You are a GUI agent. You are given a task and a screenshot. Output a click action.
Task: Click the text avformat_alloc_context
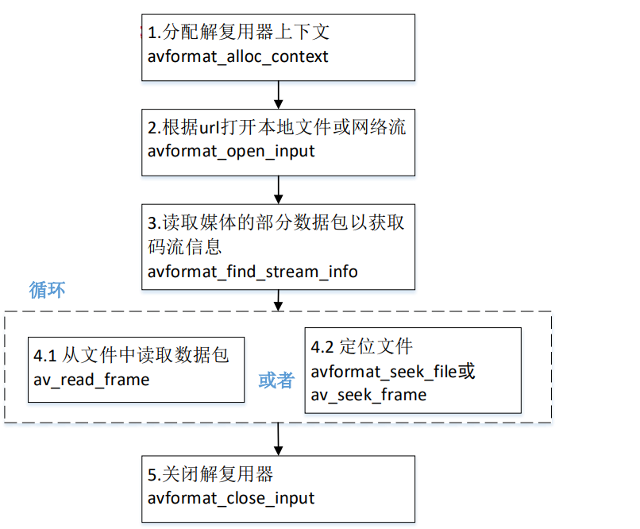point(238,56)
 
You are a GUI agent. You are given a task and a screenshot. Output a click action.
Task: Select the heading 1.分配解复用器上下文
point(238,33)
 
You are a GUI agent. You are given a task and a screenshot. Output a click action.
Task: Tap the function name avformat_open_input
point(231,151)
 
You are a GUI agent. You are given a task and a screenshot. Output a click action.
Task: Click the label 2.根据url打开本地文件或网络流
point(277,127)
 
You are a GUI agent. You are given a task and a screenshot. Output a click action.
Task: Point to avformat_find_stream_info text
point(253,272)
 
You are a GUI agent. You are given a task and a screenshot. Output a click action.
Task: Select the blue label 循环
point(47,289)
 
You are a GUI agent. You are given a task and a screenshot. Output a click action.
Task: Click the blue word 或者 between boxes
point(276,380)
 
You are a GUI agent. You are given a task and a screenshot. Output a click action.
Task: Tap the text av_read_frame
point(91,380)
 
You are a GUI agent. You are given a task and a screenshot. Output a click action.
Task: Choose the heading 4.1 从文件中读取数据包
point(131,355)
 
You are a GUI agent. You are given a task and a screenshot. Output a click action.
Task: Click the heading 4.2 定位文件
point(361,347)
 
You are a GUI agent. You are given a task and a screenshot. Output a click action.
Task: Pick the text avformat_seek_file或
point(393,371)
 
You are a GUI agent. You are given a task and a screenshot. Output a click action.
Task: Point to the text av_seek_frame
point(368,395)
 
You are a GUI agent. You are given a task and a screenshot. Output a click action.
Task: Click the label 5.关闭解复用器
point(210,474)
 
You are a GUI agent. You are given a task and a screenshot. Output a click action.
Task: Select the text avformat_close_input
point(231,498)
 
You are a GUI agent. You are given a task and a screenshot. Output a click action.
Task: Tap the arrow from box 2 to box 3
point(279,189)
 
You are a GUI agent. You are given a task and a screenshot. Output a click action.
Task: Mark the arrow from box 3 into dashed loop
point(279,299)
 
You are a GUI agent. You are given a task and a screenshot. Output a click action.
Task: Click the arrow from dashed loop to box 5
point(279,438)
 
